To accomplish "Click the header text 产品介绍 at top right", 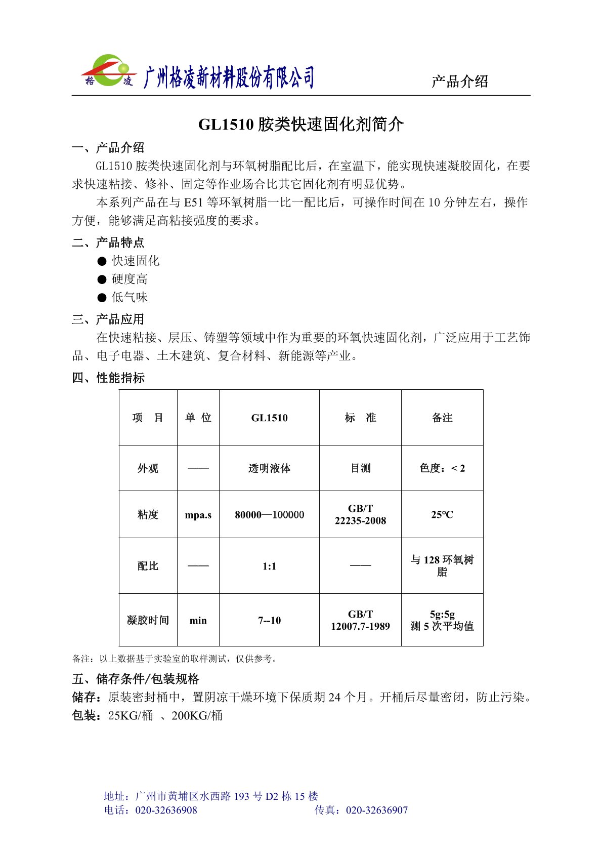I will coord(459,82).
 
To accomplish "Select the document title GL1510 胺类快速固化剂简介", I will coord(300,125).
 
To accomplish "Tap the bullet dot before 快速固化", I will coord(102,261).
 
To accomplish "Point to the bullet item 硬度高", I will coord(130,279).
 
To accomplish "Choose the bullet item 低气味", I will coord(130,298).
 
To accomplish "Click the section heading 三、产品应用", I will coord(108,319).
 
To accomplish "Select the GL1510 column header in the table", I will coord(269,418).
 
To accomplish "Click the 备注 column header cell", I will coord(442,418).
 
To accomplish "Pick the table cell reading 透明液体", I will coord(269,469).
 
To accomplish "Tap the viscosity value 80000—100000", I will coord(269,515).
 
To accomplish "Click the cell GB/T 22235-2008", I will coord(360,515).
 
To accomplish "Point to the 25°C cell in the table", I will coord(442,515).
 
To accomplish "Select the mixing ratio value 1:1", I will coord(269,566).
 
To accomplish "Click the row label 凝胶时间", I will coord(148,621).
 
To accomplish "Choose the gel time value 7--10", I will coord(269,621).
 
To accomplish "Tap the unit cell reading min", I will coord(198,621).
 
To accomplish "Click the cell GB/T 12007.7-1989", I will coord(360,620).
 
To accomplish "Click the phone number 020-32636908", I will coord(166,810).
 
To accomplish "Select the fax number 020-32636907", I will coord(377,810).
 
